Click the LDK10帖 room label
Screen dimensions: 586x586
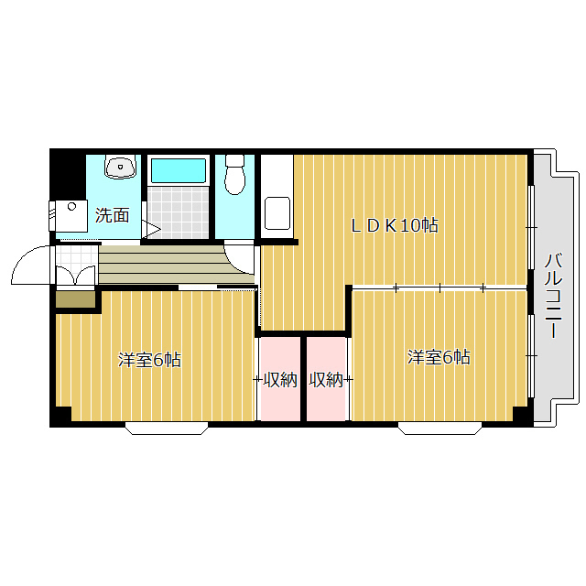pos(394,225)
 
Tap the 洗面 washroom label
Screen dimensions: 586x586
pos(112,215)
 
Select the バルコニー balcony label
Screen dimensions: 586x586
pos(553,295)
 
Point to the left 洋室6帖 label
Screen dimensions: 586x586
pos(149,360)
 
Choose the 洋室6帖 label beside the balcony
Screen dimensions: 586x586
pos(439,357)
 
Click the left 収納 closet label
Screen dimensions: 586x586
pos(280,380)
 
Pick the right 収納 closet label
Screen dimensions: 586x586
pos(326,380)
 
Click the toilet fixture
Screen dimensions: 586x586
pos(234,175)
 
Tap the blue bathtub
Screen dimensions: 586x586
pos(179,170)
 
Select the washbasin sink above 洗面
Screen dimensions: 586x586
pos(120,167)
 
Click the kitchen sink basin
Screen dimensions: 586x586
pos(277,213)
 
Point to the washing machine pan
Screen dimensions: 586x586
pos(71,216)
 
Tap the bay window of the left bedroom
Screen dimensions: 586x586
pos(167,429)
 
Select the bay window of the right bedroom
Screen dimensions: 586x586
pos(440,429)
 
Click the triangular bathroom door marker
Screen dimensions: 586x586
pos(151,228)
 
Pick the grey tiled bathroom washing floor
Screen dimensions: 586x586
pos(179,212)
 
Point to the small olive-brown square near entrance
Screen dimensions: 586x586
pos(75,299)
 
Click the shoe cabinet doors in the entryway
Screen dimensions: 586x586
pos(75,276)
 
